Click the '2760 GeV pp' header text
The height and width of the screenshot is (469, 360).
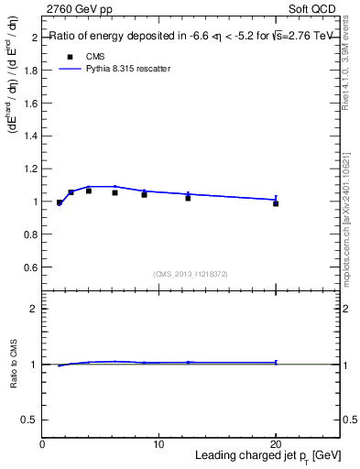(x=79, y=8)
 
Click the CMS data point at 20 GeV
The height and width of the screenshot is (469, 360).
(x=276, y=203)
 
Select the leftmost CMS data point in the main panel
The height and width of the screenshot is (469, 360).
(x=60, y=202)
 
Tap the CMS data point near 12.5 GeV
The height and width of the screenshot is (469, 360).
(x=188, y=198)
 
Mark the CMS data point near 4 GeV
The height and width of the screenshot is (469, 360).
(x=89, y=191)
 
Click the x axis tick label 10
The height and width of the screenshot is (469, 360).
(x=158, y=443)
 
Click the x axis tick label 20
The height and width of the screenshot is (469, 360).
(x=275, y=443)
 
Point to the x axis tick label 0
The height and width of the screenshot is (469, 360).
(x=43, y=443)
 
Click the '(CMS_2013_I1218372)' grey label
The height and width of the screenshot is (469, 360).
(x=191, y=274)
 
